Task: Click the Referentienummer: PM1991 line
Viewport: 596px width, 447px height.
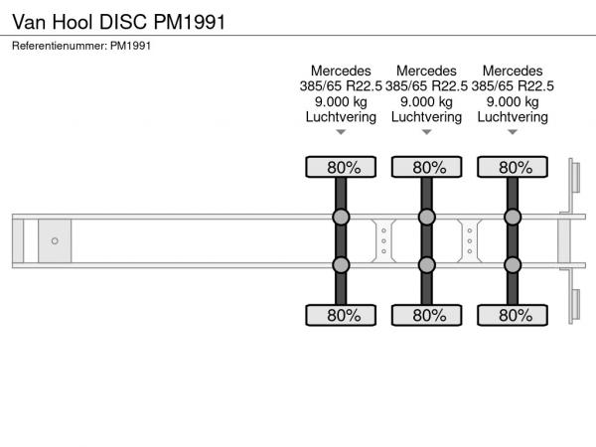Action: tap(81, 45)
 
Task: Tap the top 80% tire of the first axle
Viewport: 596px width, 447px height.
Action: tap(341, 167)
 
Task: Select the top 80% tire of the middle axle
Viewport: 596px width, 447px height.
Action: tap(426, 167)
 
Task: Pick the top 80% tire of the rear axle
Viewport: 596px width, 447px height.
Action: tap(513, 167)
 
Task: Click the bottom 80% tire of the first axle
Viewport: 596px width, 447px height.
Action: tap(341, 316)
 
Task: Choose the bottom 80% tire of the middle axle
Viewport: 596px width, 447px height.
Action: tap(426, 316)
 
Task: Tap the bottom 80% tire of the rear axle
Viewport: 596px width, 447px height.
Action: tap(513, 316)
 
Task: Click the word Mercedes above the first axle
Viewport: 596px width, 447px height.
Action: tap(341, 71)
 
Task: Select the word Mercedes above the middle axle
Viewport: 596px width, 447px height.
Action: tap(426, 71)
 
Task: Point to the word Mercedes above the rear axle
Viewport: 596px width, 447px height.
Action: tap(513, 71)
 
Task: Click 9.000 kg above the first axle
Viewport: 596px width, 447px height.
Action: tap(341, 101)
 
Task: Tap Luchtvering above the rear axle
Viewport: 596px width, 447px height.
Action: tap(513, 116)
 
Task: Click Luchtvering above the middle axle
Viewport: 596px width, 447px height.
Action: tap(426, 116)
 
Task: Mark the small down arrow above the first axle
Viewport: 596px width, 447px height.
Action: tap(341, 132)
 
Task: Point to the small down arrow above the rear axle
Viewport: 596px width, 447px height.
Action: tap(513, 132)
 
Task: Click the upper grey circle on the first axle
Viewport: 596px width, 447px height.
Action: tap(341, 218)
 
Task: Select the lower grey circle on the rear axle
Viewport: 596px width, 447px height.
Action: tap(513, 264)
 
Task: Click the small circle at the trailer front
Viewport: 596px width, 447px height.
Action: tap(55, 240)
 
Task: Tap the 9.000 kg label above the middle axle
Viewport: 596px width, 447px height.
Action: tap(426, 101)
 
